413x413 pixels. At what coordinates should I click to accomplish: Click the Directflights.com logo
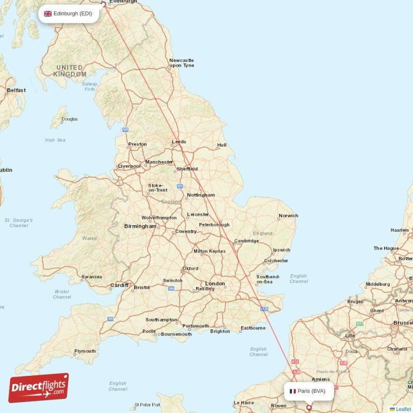point(39,388)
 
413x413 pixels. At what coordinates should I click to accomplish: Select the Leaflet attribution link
point(403,409)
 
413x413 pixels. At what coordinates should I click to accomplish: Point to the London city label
point(215,283)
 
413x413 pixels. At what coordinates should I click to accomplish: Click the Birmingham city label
point(139,226)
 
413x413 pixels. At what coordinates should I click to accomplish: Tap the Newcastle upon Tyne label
point(182,63)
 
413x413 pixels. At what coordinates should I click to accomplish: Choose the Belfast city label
point(16,90)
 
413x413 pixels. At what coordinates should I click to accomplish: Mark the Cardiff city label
point(119,285)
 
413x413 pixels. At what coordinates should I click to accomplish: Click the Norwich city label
point(288,216)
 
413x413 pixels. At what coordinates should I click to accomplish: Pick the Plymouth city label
point(85,351)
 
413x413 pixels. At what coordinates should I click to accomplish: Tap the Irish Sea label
point(55,140)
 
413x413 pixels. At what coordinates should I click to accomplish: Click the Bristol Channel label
point(62,294)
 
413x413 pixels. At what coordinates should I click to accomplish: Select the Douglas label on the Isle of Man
point(69,119)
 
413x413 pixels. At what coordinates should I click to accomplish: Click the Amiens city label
point(321,379)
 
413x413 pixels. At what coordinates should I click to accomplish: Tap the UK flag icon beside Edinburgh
point(47,13)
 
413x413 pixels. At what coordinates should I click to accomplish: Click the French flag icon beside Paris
point(293,391)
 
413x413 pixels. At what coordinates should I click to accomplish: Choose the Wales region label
point(89,239)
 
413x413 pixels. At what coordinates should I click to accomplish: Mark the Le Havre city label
point(244,403)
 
